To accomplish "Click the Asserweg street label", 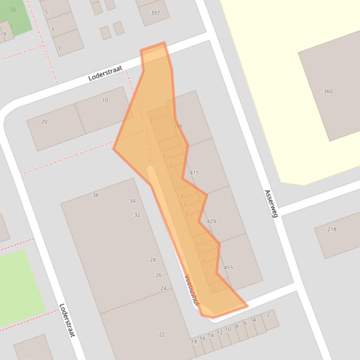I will [x=271, y=203].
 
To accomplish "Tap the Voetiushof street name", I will [x=192, y=290].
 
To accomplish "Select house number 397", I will [x=155, y=13].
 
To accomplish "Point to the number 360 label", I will [x=328, y=91].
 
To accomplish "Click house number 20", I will [x=44, y=122].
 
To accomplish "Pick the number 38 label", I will [x=95, y=195].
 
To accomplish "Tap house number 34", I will [x=132, y=201].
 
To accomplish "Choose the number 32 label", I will [x=137, y=215].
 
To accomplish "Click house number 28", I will [x=153, y=260].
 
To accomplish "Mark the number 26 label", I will [x=159, y=275].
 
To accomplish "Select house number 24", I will [x=163, y=288].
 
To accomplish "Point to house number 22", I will [x=162, y=334].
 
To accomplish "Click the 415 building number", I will [x=194, y=173].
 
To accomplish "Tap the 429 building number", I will [x=211, y=221].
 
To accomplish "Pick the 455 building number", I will [x=228, y=268].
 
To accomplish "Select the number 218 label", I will [x=331, y=229].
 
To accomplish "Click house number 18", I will [x=194, y=342].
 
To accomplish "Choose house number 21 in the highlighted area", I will [x=152, y=119].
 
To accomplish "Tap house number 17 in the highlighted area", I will [x=166, y=157].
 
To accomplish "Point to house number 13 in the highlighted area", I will [x=180, y=197].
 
